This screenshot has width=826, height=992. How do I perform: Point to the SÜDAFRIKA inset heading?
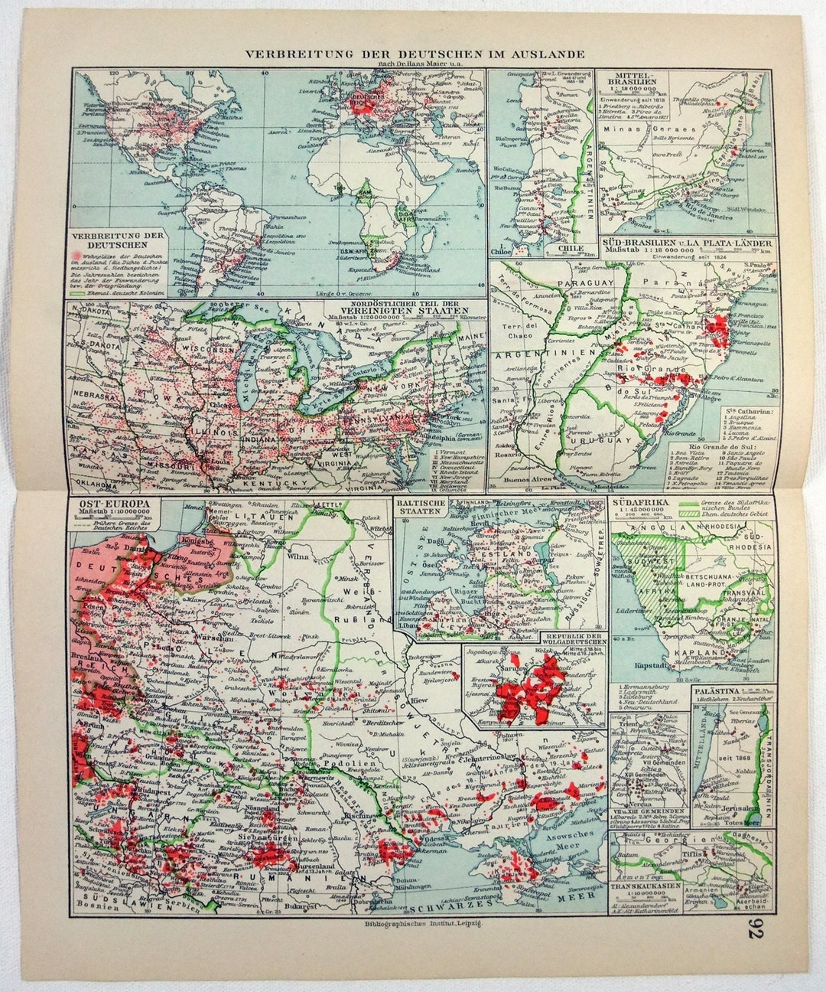click(x=639, y=503)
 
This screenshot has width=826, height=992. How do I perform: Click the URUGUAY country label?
click(x=603, y=442)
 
